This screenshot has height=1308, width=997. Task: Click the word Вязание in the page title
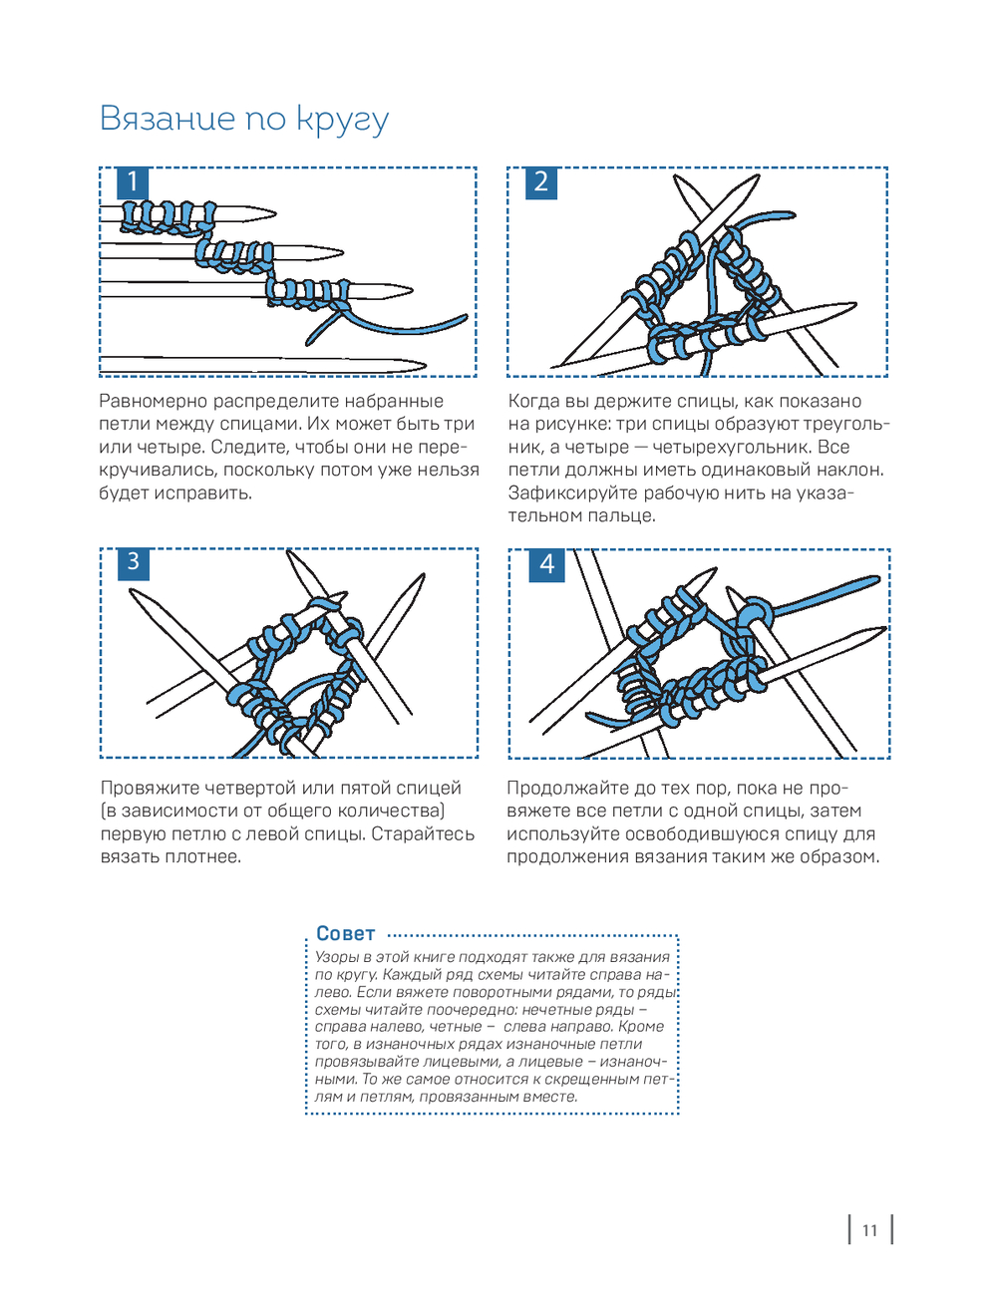point(166,118)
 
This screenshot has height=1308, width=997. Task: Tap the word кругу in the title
point(343,120)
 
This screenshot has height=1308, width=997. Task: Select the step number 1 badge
point(133,182)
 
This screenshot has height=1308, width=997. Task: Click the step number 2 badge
point(541,182)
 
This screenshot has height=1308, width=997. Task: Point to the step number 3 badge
point(133,562)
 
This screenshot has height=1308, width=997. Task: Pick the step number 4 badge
point(546,564)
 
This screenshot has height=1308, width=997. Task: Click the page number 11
point(869,1230)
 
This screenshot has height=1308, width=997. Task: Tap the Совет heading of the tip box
point(345,934)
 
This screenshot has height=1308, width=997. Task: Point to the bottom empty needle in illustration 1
point(259,365)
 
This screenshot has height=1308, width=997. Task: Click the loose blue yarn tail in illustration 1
point(419,327)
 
